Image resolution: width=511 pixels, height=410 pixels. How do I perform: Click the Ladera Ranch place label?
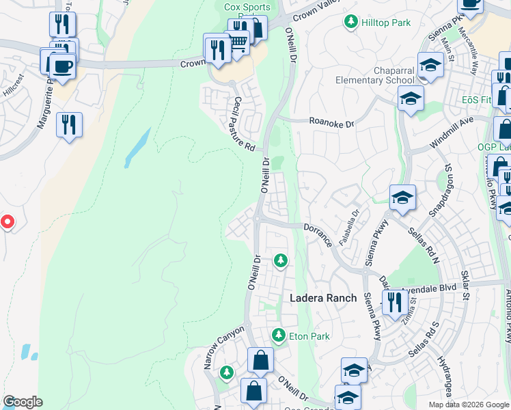tap(323, 298)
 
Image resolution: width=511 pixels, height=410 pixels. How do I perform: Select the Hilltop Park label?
tap(386, 23)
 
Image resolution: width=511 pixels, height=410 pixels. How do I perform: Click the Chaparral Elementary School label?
tap(375, 75)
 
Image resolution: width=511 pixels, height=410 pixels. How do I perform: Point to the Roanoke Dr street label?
tap(332, 124)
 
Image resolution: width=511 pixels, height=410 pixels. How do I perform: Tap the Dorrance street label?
tap(318, 233)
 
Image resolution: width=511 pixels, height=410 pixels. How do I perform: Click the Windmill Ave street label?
tap(452, 133)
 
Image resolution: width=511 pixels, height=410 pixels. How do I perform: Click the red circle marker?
tap(7, 222)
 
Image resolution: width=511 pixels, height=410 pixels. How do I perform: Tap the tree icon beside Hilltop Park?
tap(351, 23)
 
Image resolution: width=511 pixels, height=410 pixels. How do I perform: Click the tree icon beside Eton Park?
tap(278, 335)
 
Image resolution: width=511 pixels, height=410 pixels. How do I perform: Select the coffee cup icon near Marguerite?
tap(62, 67)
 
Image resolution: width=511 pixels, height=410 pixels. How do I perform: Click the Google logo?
tap(23, 402)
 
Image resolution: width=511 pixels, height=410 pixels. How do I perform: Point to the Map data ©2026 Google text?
tap(469, 405)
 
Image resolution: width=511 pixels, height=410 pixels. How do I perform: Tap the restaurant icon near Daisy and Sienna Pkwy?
tap(394, 301)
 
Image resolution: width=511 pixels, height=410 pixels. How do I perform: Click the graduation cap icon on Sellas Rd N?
tap(403, 199)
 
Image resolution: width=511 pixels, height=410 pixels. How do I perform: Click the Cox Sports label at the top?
tap(247, 8)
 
